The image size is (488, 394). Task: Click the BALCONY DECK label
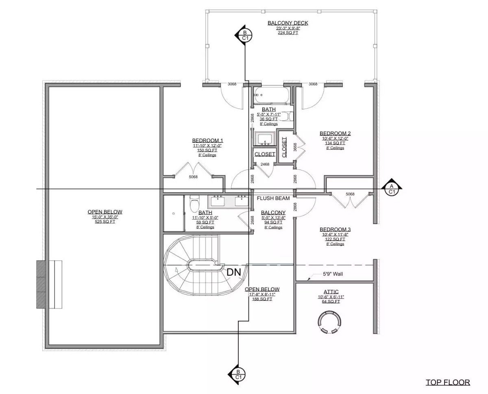pos(288,23)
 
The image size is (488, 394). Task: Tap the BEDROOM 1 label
pos(207,140)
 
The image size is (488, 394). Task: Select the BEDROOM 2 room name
pos(335,133)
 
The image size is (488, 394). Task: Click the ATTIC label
pos(331,292)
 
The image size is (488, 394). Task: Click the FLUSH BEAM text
pos(273,198)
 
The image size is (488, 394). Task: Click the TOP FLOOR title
pos(448,382)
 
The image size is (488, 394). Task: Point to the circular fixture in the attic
pos(329,322)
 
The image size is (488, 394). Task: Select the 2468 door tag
pos(265,164)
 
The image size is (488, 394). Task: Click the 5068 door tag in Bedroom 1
pos(193,177)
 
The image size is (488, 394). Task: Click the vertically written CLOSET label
pos(284,147)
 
